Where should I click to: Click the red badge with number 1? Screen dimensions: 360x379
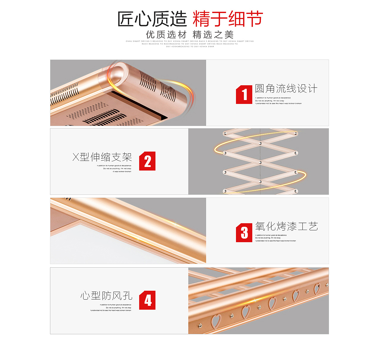244,95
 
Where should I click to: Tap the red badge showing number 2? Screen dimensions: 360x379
147,161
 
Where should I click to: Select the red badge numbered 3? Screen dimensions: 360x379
244,233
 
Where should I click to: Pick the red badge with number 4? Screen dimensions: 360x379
147,300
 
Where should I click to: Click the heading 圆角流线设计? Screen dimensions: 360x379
286,89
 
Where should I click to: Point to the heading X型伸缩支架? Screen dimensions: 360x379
102,157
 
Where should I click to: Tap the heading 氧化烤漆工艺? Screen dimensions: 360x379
286,226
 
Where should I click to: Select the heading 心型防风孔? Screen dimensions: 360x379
106,295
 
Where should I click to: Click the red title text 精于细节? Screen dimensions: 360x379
227,19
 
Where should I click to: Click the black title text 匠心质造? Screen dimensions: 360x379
152,19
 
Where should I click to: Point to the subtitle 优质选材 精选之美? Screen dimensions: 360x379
189,35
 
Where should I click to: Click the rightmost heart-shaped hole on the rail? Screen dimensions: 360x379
317,288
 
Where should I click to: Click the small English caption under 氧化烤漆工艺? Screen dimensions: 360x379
275,238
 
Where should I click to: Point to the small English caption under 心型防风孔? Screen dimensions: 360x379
111,308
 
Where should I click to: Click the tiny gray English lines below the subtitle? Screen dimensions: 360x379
189,44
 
